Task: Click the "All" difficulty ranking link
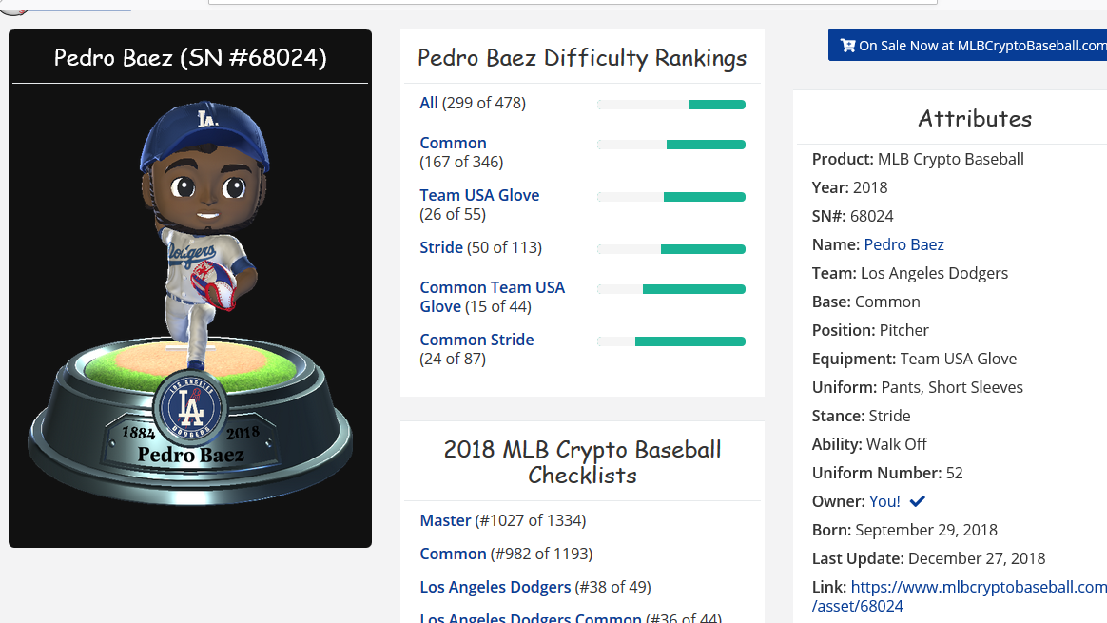429,104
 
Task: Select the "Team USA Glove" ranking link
479,195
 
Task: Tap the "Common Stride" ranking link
476,340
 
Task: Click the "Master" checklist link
445,520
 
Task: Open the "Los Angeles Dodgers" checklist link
495,587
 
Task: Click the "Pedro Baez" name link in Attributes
903,244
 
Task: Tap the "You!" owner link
884,501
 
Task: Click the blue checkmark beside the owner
918,501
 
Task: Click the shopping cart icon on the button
847,45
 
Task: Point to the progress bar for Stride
671,249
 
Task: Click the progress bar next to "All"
671,105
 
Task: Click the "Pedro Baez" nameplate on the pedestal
190,455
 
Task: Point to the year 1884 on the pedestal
138,434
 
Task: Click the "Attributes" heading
975,119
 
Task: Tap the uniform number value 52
954,473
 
